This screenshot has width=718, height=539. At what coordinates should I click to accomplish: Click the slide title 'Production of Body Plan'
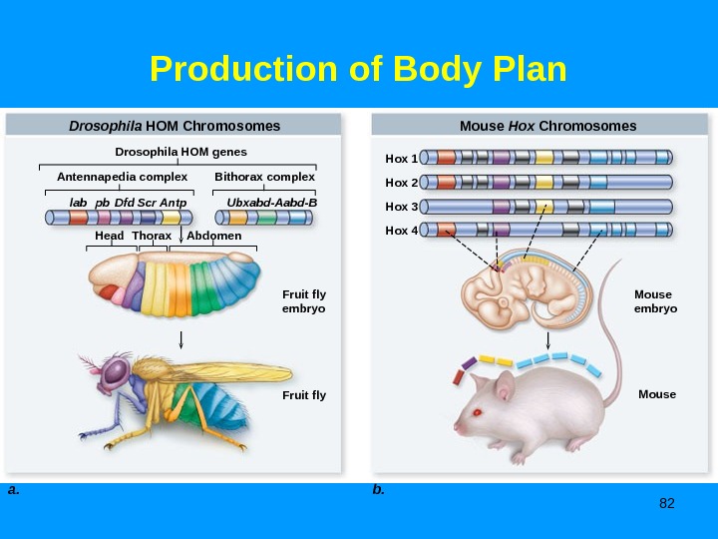tap(358, 70)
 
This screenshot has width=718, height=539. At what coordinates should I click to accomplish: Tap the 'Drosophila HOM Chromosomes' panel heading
tap(175, 126)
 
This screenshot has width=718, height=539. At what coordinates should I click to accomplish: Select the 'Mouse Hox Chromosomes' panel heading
tap(547, 126)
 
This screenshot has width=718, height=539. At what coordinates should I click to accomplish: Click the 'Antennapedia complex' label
tap(123, 177)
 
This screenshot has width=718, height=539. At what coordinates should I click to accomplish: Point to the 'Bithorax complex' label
tap(264, 177)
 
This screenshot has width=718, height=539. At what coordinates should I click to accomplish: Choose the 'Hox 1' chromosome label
tap(401, 159)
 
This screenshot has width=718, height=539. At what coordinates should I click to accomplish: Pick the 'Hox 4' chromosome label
tap(401, 230)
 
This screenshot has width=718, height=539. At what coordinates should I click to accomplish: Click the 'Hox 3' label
tap(401, 207)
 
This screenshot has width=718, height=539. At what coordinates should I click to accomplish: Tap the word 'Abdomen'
tap(214, 236)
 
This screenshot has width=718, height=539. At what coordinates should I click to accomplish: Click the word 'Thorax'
tap(152, 236)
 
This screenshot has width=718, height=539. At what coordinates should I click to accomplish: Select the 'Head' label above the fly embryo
tap(110, 236)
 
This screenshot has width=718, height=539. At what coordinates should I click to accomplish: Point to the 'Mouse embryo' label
tap(655, 301)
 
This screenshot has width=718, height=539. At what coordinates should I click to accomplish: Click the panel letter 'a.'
tap(13, 490)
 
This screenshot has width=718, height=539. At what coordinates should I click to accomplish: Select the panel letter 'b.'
tap(378, 490)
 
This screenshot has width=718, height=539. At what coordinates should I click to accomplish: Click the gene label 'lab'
tap(78, 202)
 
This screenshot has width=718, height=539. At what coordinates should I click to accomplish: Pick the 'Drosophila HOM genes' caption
tap(181, 152)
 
